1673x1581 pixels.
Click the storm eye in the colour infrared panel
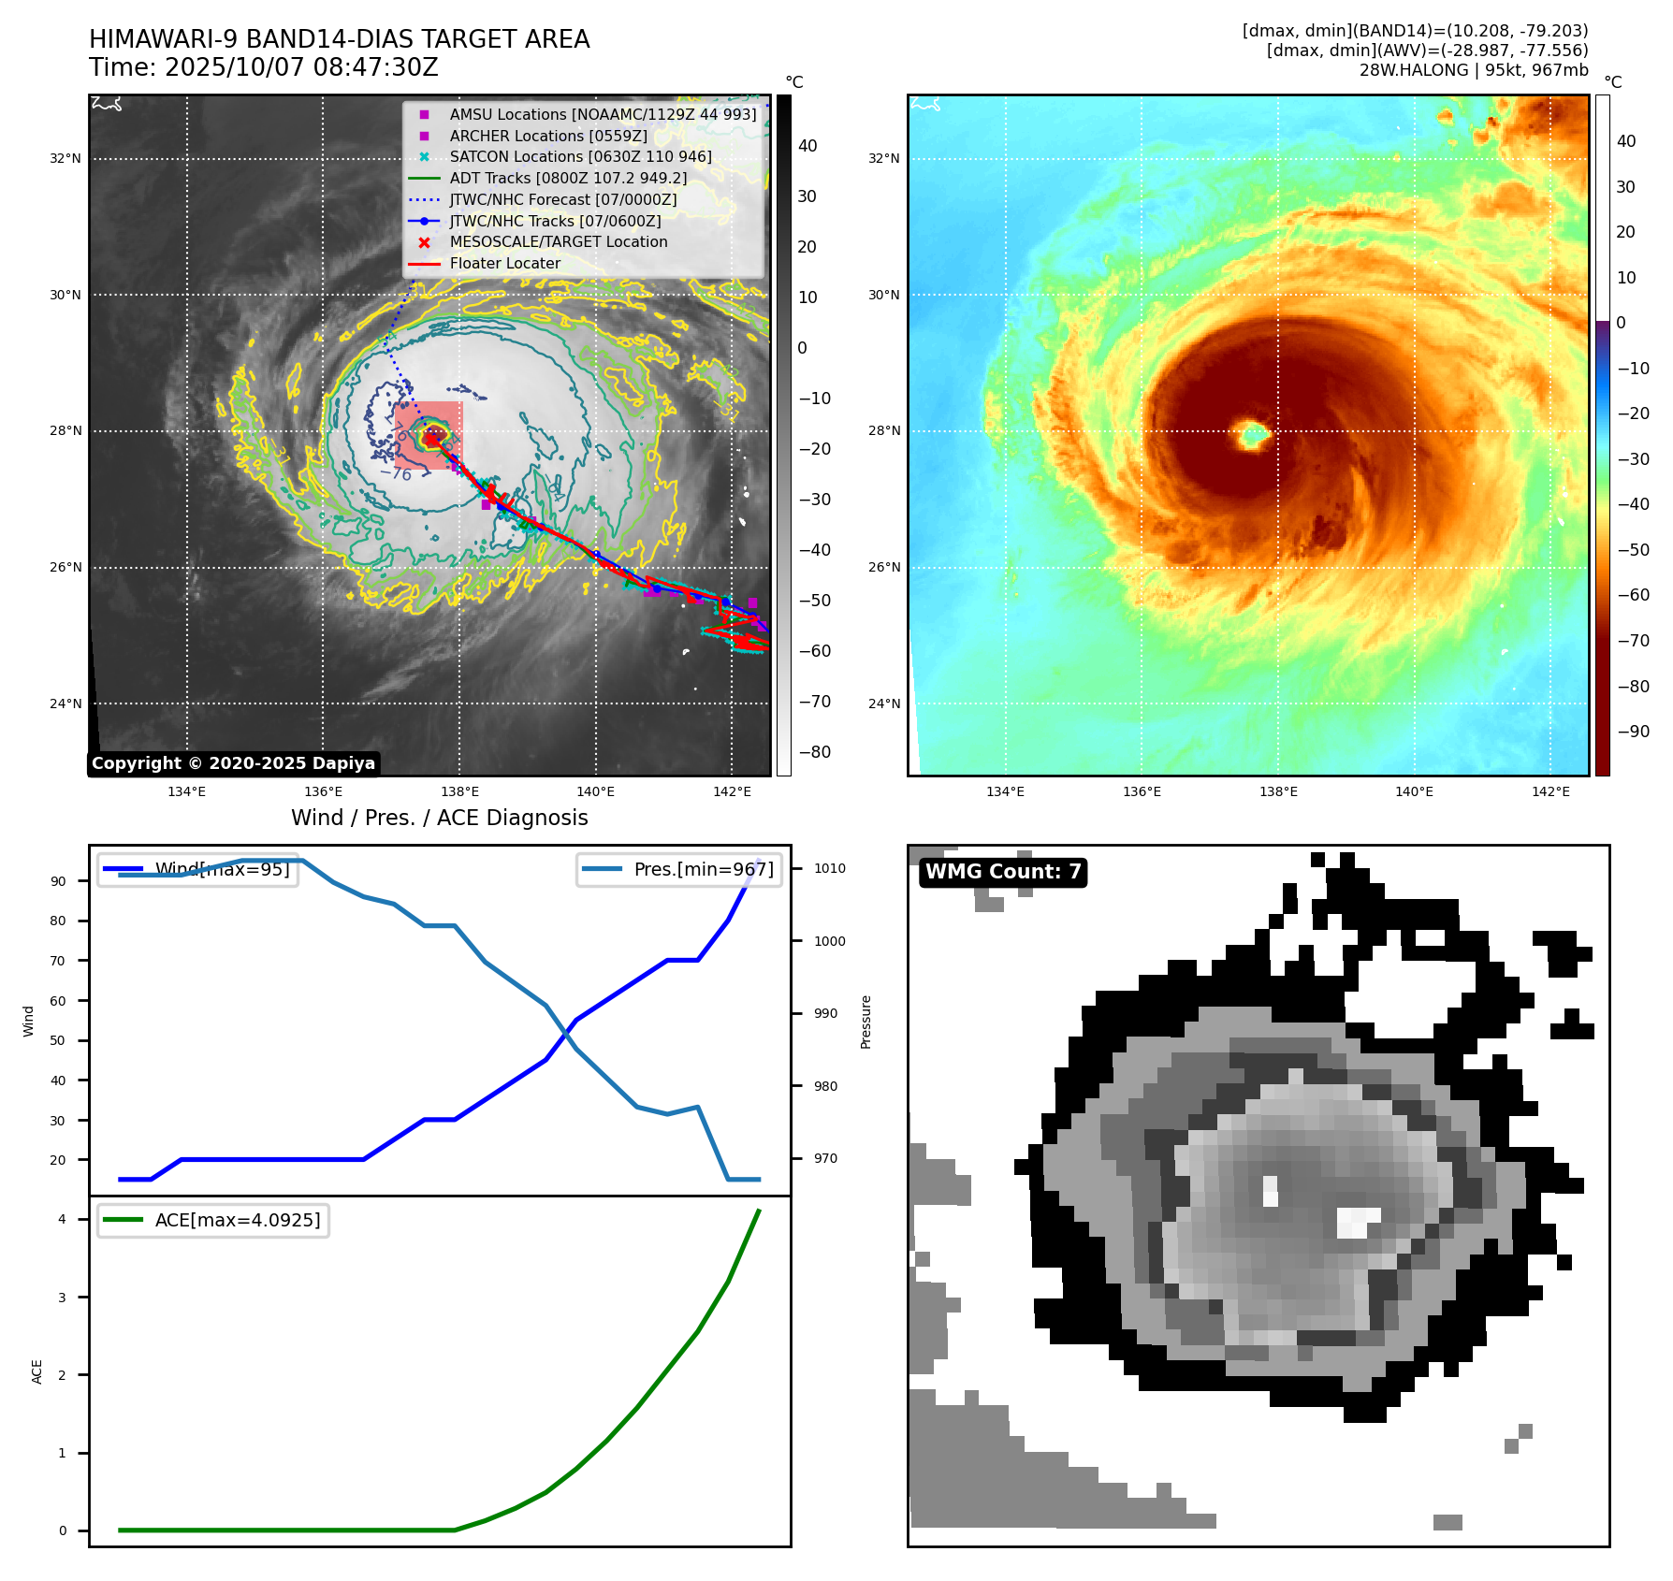coord(1251,434)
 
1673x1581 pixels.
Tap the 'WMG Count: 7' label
coord(1003,872)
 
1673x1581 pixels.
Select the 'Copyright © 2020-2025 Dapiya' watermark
coord(233,763)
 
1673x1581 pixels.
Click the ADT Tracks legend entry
coord(568,179)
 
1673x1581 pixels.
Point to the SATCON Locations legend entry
coord(580,157)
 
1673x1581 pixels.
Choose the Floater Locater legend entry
coord(504,264)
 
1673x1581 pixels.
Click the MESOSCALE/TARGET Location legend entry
coord(558,242)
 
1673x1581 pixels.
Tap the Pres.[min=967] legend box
coord(679,870)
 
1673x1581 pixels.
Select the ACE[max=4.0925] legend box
coord(213,1221)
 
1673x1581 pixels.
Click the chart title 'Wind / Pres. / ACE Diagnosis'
coord(439,819)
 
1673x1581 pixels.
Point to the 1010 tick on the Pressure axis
coord(829,869)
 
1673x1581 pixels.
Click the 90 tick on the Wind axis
coord(59,881)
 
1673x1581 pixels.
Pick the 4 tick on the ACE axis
coord(63,1219)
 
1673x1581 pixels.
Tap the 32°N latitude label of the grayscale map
coord(65,159)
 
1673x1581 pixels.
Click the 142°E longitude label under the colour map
coord(1549,792)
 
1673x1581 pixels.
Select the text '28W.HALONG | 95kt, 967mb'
coord(1473,70)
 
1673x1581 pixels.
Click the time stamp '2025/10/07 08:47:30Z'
coord(301,68)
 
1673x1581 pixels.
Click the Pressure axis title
coord(866,1022)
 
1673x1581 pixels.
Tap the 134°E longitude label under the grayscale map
coord(187,792)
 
